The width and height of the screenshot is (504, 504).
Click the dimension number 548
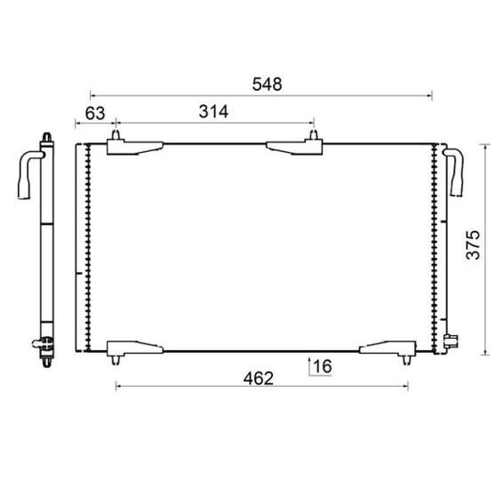coord(267,84)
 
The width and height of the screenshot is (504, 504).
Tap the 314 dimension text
coord(214,112)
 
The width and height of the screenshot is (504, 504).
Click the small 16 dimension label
coord(321,365)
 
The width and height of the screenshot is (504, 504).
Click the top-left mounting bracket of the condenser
coord(133,147)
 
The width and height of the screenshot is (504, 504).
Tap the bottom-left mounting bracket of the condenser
coord(133,348)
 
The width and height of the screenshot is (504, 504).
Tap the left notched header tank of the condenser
coord(86,247)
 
